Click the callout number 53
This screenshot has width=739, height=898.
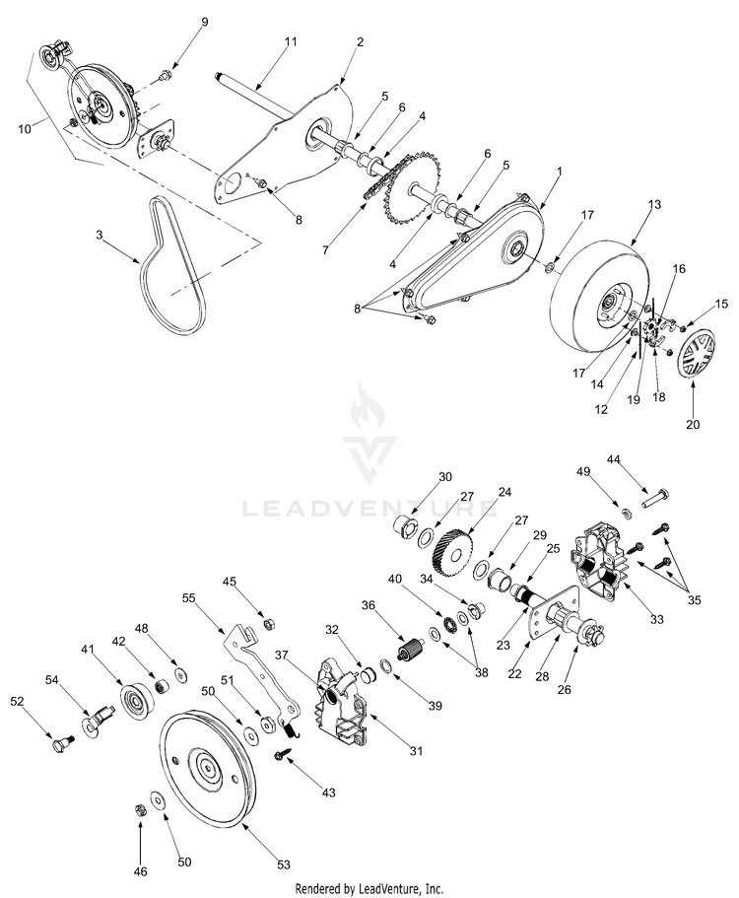284,864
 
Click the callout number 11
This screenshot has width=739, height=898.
290,41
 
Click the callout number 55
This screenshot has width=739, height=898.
189,597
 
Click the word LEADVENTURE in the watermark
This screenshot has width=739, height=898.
369,509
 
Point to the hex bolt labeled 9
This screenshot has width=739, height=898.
165,75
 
